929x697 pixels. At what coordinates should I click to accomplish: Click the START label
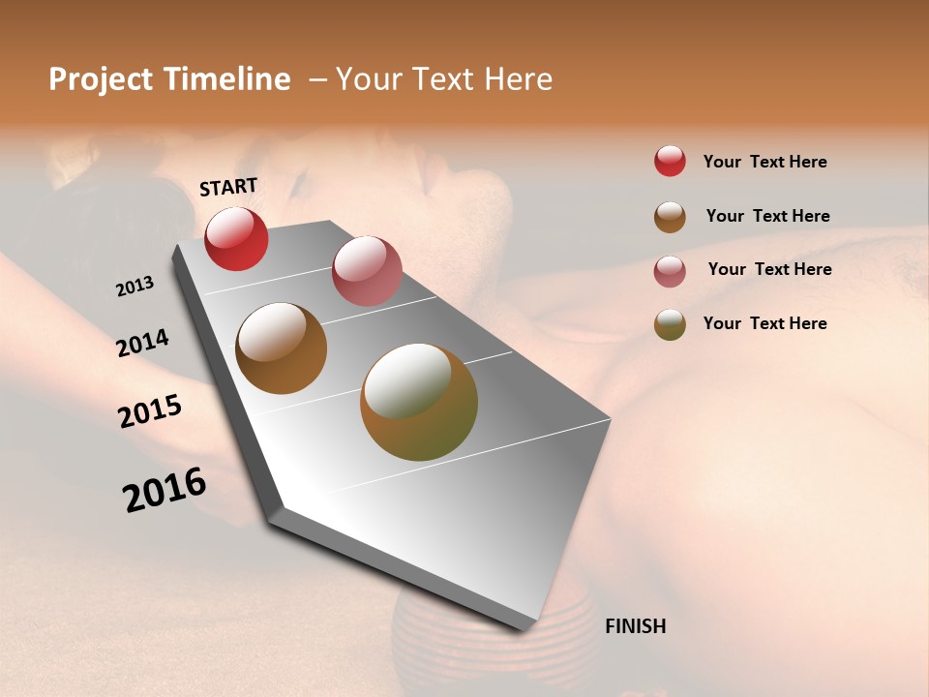pyautogui.click(x=228, y=187)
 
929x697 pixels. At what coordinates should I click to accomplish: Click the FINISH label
pyautogui.click(x=635, y=626)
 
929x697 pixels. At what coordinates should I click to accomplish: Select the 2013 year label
pyautogui.click(x=135, y=287)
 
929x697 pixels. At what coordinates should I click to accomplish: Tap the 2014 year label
pyautogui.click(x=142, y=343)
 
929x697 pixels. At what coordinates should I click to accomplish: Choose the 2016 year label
pyautogui.click(x=165, y=490)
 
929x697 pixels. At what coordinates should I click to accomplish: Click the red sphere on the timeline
pyautogui.click(x=236, y=238)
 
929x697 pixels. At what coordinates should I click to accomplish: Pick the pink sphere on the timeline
pyautogui.click(x=367, y=271)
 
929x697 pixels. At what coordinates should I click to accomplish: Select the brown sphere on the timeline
pyautogui.click(x=281, y=348)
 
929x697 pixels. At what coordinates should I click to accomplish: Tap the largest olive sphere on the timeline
pyautogui.click(x=419, y=402)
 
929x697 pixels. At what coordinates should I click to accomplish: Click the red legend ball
pyautogui.click(x=670, y=162)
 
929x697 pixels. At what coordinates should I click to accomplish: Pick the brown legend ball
pyautogui.click(x=670, y=217)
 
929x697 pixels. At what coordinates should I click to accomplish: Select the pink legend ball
pyautogui.click(x=670, y=271)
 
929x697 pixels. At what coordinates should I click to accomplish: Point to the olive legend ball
pyautogui.click(x=670, y=324)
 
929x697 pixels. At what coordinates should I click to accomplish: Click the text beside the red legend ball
pyautogui.click(x=764, y=162)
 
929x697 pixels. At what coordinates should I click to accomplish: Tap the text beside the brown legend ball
pyautogui.click(x=767, y=216)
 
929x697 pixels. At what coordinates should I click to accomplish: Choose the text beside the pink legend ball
pyautogui.click(x=769, y=269)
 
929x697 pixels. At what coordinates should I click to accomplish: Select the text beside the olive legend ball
pyautogui.click(x=764, y=323)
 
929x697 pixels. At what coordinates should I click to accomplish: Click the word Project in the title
pyautogui.click(x=100, y=79)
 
